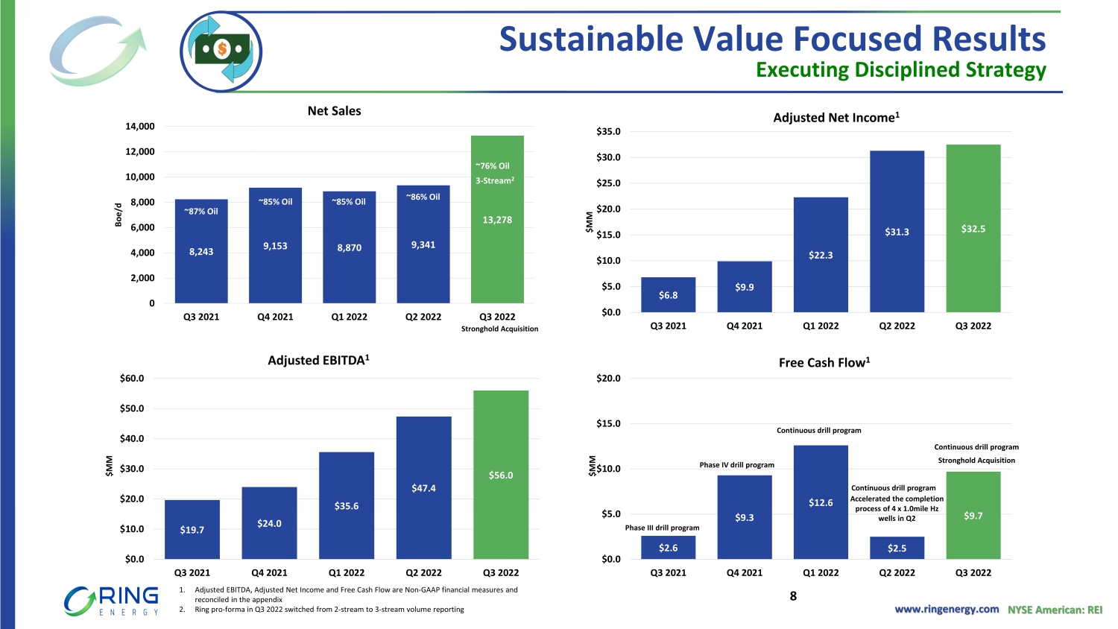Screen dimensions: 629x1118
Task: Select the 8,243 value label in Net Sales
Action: [201, 252]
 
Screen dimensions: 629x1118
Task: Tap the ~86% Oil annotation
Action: [423, 197]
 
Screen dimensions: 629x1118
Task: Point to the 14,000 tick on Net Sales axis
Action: [140, 127]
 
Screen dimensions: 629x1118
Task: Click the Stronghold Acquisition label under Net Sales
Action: [499, 329]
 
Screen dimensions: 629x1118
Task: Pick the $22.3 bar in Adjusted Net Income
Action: [821, 255]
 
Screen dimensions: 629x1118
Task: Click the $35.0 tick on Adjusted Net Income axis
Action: [608, 132]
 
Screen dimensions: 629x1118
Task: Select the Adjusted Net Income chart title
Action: [836, 118]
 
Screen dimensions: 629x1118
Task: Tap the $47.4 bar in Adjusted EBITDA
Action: [423, 488]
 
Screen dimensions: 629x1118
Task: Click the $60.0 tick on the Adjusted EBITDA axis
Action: [132, 379]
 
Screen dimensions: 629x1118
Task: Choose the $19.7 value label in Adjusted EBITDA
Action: [192, 530]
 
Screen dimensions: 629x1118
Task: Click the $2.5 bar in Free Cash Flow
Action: [897, 548]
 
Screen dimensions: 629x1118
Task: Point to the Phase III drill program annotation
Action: [662, 528]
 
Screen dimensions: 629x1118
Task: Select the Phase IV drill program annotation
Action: [736, 465]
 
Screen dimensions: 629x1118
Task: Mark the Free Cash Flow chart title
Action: [824, 363]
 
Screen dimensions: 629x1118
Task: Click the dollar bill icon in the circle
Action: [221, 51]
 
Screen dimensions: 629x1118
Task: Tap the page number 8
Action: [793, 596]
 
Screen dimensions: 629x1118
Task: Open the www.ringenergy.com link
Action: [947, 610]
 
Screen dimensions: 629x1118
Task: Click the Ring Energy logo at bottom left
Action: [112, 601]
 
